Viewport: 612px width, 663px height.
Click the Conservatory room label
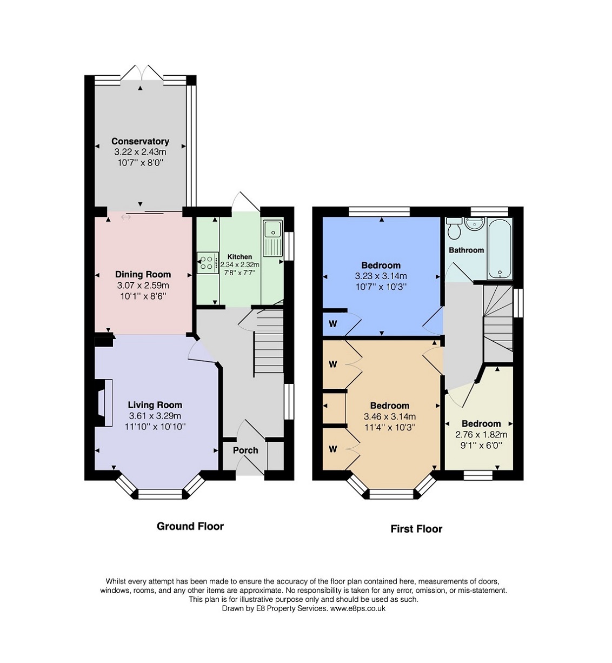(140, 141)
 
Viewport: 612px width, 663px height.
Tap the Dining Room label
(143, 274)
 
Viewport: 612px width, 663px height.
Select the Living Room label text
(155, 405)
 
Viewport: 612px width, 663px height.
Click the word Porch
(245, 450)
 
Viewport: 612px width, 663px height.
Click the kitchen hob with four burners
(206, 262)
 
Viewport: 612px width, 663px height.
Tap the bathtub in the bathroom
(499, 249)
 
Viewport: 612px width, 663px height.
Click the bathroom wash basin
(475, 223)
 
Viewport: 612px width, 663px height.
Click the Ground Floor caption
(190, 526)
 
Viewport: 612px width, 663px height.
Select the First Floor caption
(416, 529)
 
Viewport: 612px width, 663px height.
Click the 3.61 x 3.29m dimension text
(155, 416)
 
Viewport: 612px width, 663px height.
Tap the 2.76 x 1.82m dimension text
(481, 434)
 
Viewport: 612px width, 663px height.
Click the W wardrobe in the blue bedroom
(333, 324)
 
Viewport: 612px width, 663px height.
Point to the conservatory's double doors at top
(141, 73)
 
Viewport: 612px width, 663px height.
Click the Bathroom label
(466, 250)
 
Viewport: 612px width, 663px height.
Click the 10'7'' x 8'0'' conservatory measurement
(140, 162)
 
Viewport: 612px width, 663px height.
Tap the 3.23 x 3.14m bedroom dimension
(381, 276)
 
